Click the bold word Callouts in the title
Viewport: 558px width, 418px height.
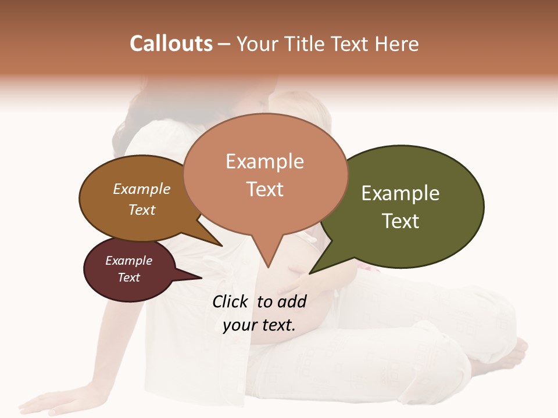pos(171,44)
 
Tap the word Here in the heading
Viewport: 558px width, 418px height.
pos(398,44)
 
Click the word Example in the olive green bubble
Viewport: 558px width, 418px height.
pos(400,193)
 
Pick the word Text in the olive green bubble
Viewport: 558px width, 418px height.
pos(400,221)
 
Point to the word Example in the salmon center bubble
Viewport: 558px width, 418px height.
pos(264,161)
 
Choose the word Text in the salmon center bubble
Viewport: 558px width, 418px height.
pos(264,189)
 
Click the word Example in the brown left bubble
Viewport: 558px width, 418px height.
pos(142,189)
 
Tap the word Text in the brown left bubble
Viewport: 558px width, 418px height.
pos(142,210)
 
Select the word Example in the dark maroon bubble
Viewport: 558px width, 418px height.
pos(129,261)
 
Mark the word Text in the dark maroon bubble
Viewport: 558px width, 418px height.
pos(129,278)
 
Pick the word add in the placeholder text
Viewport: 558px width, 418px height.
pos(292,301)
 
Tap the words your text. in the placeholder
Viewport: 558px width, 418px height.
pos(259,325)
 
